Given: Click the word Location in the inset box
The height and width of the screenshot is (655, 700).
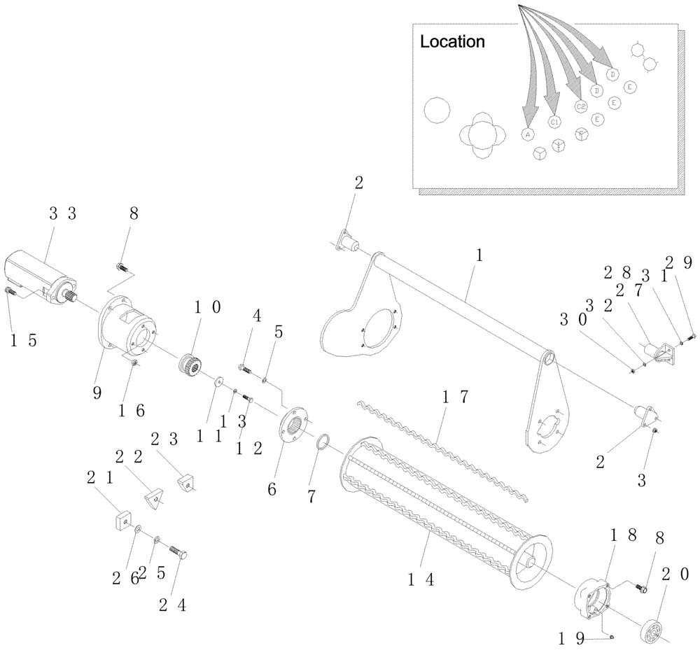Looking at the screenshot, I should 451,42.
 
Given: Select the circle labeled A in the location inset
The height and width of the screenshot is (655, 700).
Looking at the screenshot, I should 528,134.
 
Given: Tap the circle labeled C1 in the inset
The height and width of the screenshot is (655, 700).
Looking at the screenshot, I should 554,122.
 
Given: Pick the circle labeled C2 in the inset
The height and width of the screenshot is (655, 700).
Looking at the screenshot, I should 580,106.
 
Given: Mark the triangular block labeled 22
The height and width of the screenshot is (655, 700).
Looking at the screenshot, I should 155,497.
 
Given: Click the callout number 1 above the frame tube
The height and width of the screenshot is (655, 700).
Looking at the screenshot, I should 479,256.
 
